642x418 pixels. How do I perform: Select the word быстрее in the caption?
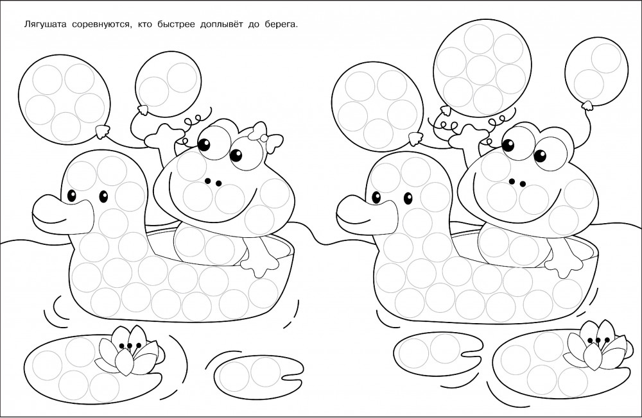[176, 25]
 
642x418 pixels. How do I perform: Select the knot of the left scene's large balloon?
[102, 131]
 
